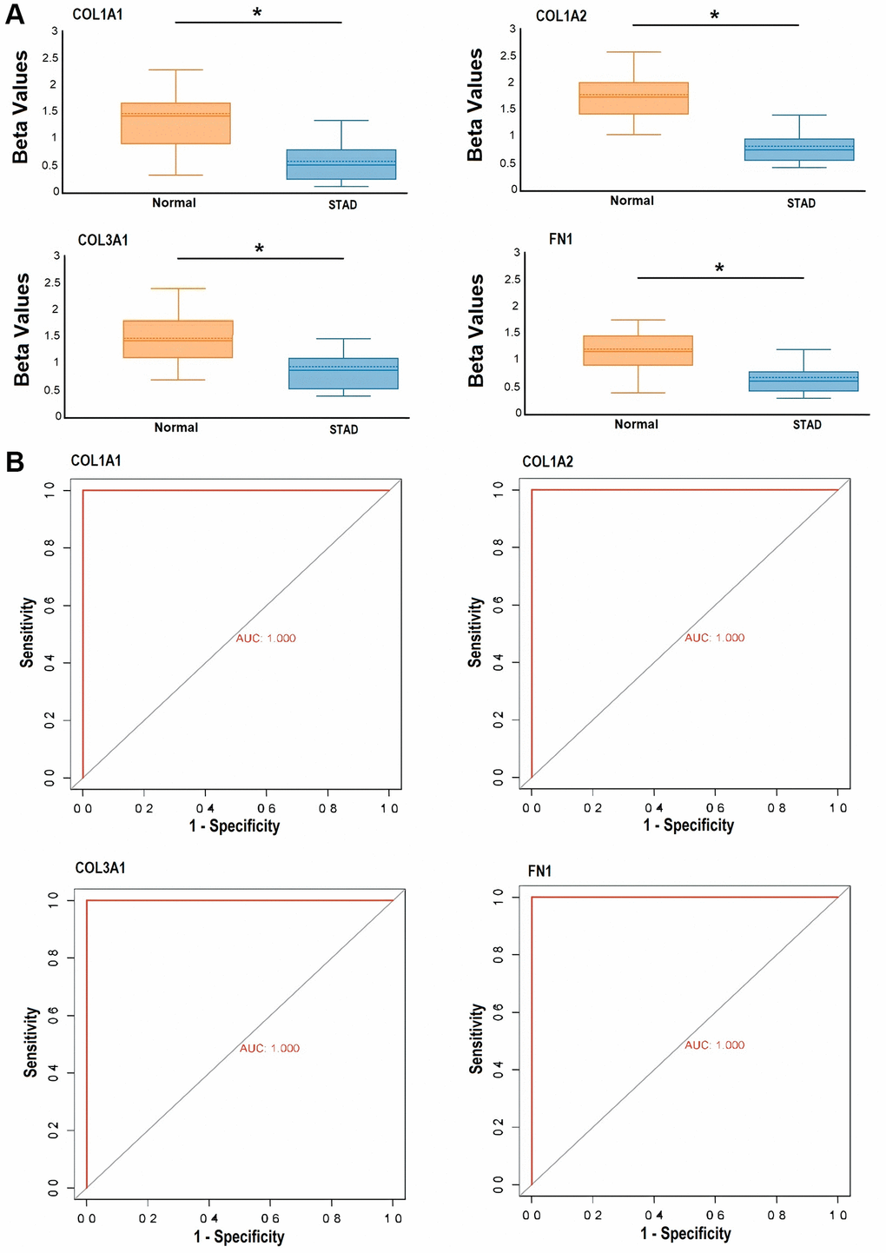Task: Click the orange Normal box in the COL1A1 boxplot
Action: (175, 123)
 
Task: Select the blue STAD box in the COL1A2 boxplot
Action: (799, 149)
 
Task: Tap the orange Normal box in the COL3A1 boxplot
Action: (178, 339)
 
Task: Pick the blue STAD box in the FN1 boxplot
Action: (803, 381)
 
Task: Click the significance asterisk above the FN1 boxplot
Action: (719, 269)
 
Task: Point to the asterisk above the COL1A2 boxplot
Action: (715, 17)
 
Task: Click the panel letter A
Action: (15, 16)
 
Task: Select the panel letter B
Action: (15, 462)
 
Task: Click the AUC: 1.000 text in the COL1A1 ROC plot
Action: (266, 639)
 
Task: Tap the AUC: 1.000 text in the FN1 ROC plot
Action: (714, 1045)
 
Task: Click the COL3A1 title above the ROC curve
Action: (101, 868)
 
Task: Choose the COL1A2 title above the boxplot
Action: (561, 16)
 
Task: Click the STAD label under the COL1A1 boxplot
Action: (342, 205)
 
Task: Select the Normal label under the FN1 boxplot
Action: (636, 425)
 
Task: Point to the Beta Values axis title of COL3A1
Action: (22, 330)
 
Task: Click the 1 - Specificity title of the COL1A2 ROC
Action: (688, 825)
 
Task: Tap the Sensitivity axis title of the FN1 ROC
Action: (476, 1038)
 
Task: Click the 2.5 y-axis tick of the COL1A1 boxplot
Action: (52, 58)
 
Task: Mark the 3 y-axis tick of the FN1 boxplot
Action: (517, 253)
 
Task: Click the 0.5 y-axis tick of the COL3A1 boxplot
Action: (52, 390)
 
